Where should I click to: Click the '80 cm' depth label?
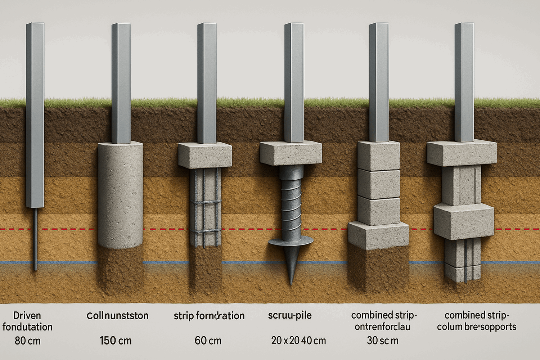click(28, 341)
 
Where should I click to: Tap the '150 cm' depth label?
click(116, 341)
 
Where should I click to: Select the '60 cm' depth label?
click(208, 341)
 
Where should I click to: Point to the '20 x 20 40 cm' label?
click(298, 341)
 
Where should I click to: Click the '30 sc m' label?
click(383, 341)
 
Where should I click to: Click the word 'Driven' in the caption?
click(27, 316)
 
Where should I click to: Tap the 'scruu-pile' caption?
click(290, 316)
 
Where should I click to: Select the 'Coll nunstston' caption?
click(117, 316)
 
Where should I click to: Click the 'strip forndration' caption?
click(209, 316)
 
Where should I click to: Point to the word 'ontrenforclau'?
click(382, 327)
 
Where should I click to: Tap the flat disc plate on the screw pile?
click(291, 242)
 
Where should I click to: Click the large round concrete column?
click(120, 194)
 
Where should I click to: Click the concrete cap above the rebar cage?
click(205, 155)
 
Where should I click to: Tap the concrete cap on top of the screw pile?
click(291, 153)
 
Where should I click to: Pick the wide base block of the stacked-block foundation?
click(378, 236)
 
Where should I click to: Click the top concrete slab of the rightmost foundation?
click(461, 153)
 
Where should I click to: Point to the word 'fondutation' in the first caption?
click(28, 327)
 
